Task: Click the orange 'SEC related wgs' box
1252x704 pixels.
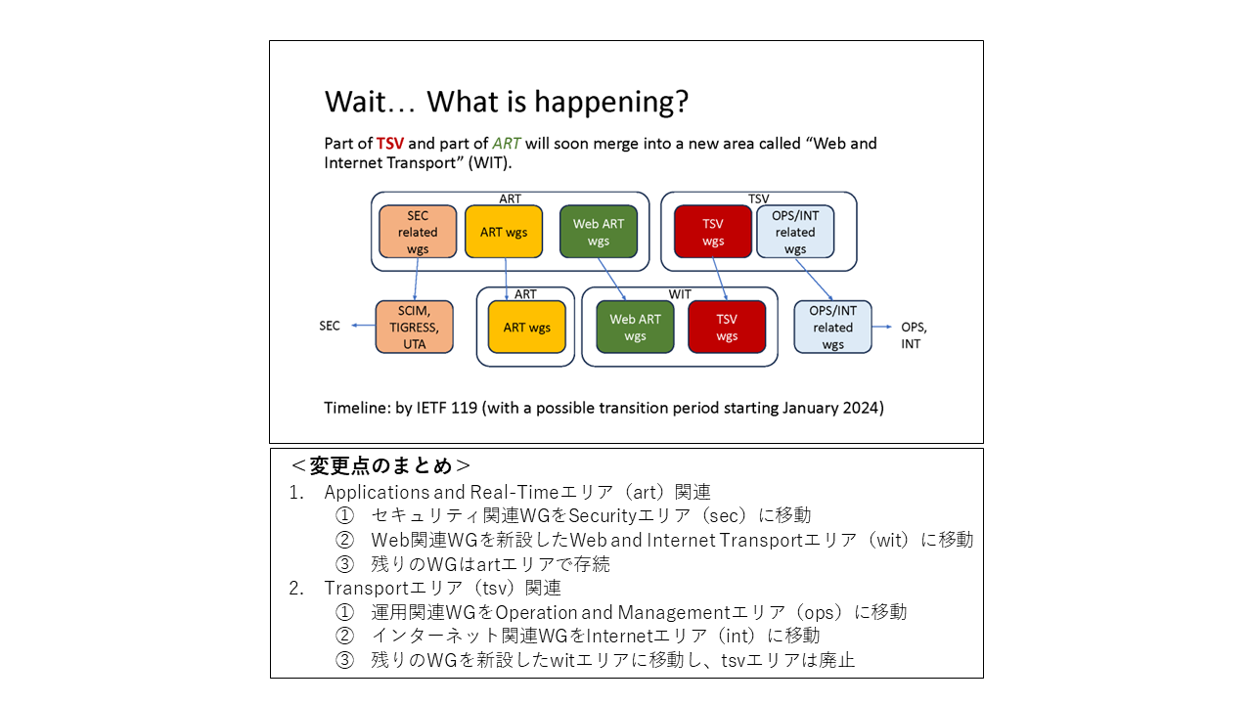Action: coord(418,232)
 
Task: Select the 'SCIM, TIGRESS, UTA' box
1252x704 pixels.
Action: coord(414,327)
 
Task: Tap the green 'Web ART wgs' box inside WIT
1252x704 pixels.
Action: coord(635,327)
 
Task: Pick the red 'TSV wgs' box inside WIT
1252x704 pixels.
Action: coord(727,327)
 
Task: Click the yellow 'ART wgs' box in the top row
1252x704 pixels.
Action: coord(504,232)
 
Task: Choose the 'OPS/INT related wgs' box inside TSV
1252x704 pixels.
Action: coord(795,232)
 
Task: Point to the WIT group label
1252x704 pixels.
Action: coord(680,294)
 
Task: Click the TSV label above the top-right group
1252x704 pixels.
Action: coord(758,198)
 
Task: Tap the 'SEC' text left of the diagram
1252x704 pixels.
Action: coord(330,326)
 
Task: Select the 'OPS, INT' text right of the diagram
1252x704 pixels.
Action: coord(914,335)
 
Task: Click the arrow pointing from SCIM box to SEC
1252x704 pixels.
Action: coord(363,326)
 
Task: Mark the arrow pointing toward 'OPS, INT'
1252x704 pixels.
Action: coord(882,327)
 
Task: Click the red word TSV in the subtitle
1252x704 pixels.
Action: coord(390,144)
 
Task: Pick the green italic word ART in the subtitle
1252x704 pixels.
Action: coord(507,144)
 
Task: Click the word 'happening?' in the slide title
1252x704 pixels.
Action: coord(611,103)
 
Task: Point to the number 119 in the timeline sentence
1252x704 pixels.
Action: coord(464,408)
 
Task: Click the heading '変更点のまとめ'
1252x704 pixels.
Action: coord(380,465)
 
